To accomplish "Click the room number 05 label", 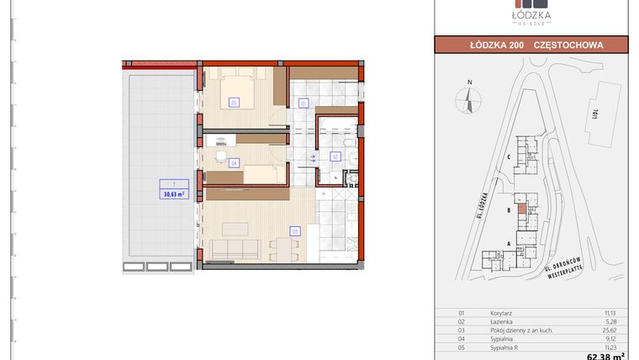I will click(x=233, y=102).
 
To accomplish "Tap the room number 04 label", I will click(x=233, y=162).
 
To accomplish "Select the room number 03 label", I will click(x=295, y=230).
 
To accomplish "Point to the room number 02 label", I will click(x=335, y=156).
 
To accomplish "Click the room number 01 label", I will click(x=304, y=103).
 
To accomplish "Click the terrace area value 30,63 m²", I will click(x=173, y=193).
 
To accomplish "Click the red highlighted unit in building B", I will click(x=522, y=208).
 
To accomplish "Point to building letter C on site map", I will click(x=509, y=156).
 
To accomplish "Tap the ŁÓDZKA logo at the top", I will click(x=531, y=14).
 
